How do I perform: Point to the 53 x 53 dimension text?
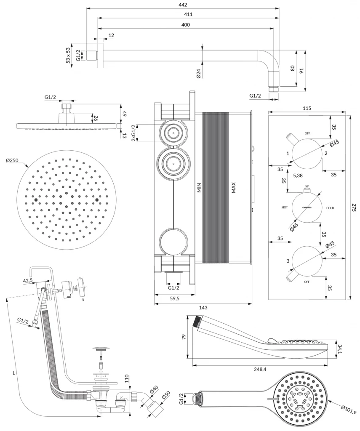pyautogui.click(x=68, y=56)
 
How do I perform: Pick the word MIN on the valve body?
pyautogui.click(x=200, y=187)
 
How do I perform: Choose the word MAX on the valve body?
pyautogui.click(x=233, y=187)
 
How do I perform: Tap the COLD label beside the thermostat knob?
pyautogui.click(x=330, y=208)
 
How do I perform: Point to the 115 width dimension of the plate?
pyautogui.click(x=307, y=109)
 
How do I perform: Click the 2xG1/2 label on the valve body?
pyautogui.click(x=134, y=133)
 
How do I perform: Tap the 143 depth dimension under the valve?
pyautogui.click(x=203, y=308)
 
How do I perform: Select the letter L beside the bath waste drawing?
pyautogui.click(x=14, y=373)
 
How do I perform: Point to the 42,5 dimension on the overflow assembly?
pyautogui.click(x=28, y=280)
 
